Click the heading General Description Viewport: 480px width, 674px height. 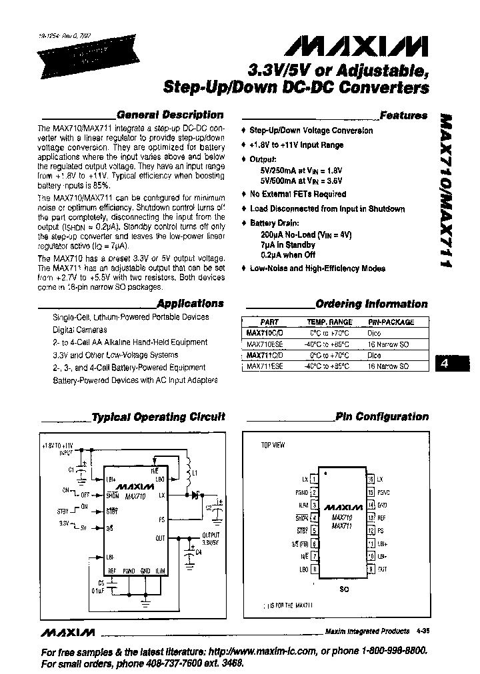170,115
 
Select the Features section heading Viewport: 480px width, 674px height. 403,115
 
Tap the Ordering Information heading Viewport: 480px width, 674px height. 371,304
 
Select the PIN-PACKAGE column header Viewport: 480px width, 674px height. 391,322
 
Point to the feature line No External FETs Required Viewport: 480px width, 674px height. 297,194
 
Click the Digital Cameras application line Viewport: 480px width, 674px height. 79,330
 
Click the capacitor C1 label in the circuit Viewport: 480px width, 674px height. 72,470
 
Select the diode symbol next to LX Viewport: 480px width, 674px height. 195,495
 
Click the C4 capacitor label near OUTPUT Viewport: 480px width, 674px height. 198,552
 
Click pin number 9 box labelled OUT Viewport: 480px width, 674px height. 370,569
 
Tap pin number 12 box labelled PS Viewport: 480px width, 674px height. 370,531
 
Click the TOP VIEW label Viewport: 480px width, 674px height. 272,445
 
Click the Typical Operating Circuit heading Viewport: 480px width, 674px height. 158,417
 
